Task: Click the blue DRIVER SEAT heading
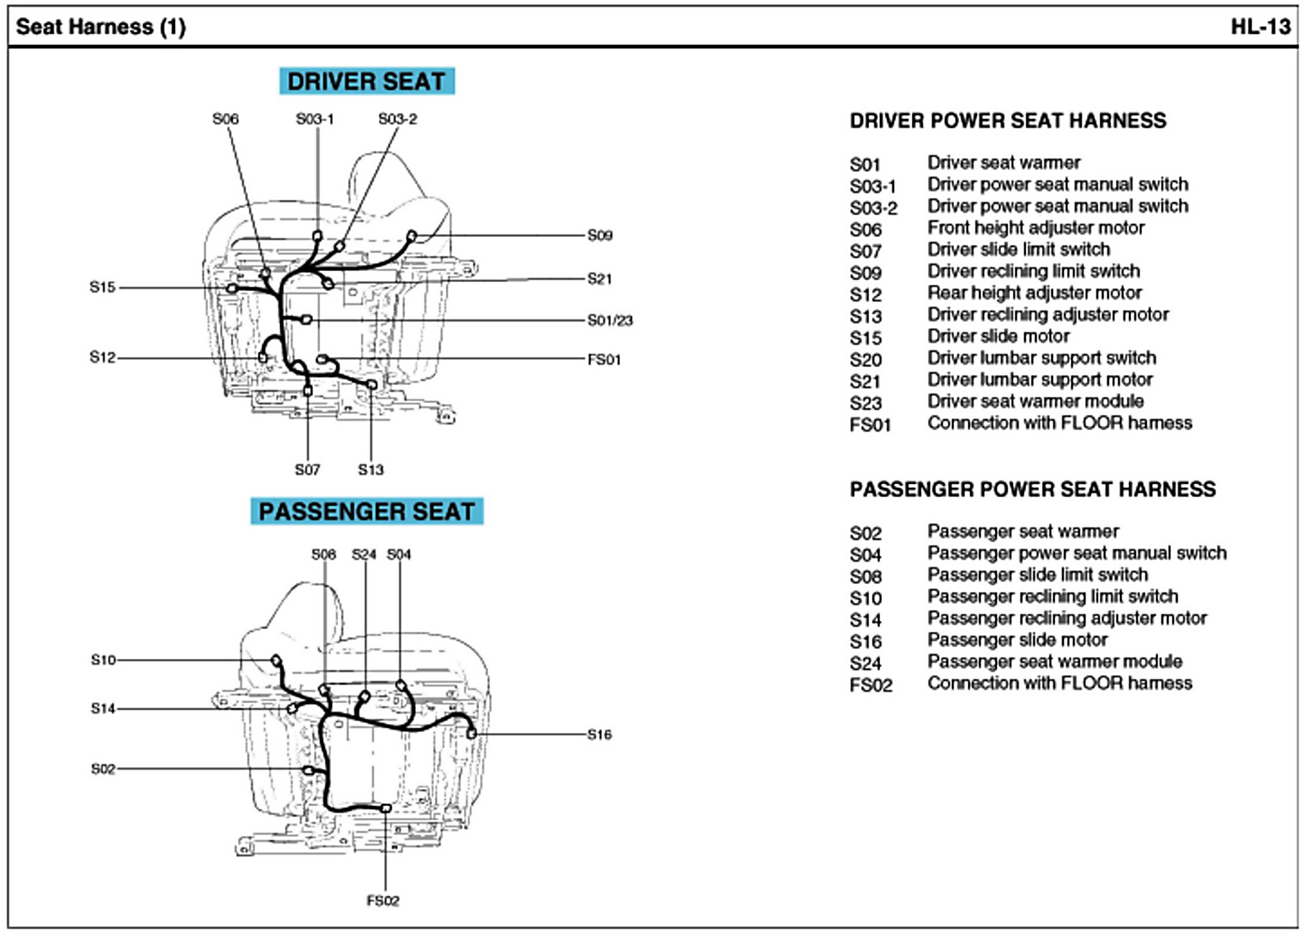click(366, 81)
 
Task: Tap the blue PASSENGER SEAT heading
click(366, 511)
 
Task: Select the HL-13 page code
click(1260, 27)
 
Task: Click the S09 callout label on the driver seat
click(599, 235)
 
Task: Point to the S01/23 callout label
click(610, 320)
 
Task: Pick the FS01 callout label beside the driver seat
click(604, 360)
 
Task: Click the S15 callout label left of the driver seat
click(102, 287)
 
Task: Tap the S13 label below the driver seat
click(371, 470)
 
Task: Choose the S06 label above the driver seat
click(225, 119)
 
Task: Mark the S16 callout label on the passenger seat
click(599, 735)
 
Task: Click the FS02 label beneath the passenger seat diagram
click(383, 901)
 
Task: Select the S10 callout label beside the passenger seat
click(103, 660)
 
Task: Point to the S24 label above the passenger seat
click(364, 555)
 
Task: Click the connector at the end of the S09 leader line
click(412, 236)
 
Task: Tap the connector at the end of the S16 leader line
click(472, 733)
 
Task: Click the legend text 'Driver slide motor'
click(998, 336)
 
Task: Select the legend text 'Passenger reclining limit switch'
click(1053, 596)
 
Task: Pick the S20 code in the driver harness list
click(865, 360)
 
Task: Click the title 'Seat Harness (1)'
click(101, 27)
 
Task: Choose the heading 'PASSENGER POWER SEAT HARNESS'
click(1032, 489)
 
